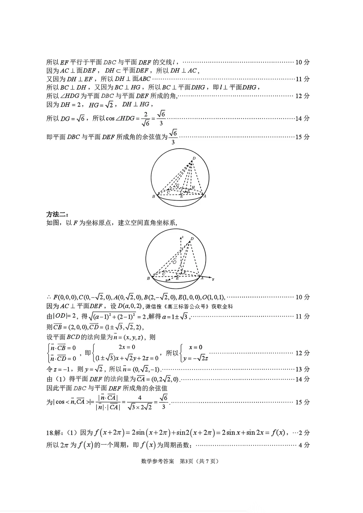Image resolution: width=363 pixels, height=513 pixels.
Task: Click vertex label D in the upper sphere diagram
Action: [x=194, y=158]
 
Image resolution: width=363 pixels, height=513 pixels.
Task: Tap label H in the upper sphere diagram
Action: [x=193, y=187]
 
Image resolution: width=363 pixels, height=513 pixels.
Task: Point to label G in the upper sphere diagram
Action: [x=177, y=186]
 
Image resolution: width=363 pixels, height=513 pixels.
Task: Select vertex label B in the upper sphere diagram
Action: [x=153, y=197]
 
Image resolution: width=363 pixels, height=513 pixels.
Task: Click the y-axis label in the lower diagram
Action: [x=213, y=279]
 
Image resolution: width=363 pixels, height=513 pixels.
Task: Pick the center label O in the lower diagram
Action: [x=175, y=262]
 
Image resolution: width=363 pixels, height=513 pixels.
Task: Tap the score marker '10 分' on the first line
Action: [x=302, y=62]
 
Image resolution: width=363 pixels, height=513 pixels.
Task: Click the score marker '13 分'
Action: [x=302, y=369]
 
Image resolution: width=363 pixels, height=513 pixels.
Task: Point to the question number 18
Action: [x=50, y=433]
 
